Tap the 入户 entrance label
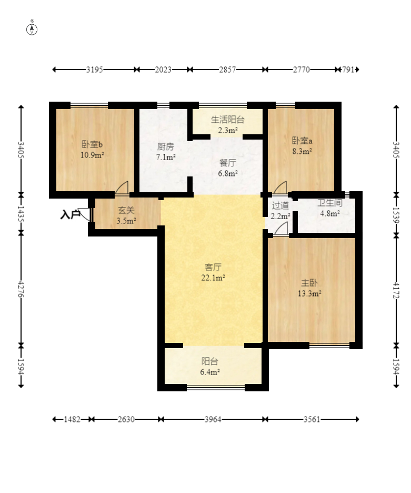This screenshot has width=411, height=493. pyautogui.click(x=70, y=215)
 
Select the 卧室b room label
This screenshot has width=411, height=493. pyautogui.click(x=92, y=145)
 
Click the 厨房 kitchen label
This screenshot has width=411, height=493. pyautogui.click(x=165, y=146)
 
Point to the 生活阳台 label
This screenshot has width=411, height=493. pyautogui.click(x=227, y=120)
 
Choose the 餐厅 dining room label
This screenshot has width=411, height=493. pyautogui.click(x=227, y=163)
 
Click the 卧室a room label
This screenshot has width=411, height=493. pyautogui.click(x=302, y=141)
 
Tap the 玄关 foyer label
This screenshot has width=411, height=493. pyautogui.click(x=126, y=210)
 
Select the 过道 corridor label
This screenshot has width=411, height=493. pyautogui.click(x=280, y=205)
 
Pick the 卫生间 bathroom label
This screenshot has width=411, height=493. pyautogui.click(x=329, y=203)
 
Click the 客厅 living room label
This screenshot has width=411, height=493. pyautogui.click(x=213, y=267)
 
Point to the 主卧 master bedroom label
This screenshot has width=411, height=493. pyautogui.click(x=309, y=283)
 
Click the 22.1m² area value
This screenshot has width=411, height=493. pyautogui.click(x=213, y=278)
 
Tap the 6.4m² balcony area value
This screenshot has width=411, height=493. pyautogui.click(x=209, y=372)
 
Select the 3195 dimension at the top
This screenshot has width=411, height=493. pyautogui.click(x=95, y=70)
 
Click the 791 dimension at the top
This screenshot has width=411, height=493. pyautogui.click(x=348, y=70)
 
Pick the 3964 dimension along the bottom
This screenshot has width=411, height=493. pyautogui.click(x=213, y=419)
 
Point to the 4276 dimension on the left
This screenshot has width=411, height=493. pyautogui.click(x=21, y=289)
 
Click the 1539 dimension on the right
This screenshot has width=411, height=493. pyautogui.click(x=396, y=215)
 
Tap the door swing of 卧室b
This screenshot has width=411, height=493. pyautogui.click(x=122, y=188)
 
